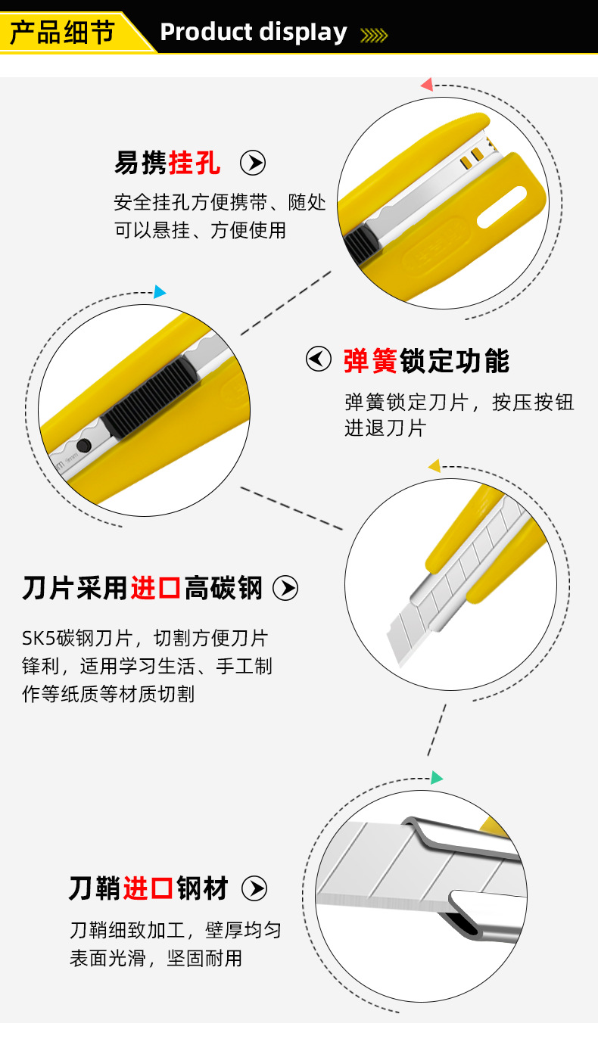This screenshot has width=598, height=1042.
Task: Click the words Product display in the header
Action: [254, 33]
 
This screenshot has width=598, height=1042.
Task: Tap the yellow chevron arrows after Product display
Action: [373, 35]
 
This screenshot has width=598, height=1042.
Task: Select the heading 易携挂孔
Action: [167, 163]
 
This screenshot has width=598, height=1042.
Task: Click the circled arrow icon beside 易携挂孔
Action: [253, 163]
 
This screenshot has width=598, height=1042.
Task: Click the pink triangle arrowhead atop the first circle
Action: [427, 84]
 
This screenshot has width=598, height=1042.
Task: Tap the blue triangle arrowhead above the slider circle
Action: [159, 292]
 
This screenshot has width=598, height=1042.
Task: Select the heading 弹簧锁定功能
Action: [426, 361]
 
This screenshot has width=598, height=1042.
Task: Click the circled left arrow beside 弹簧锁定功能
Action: [319, 359]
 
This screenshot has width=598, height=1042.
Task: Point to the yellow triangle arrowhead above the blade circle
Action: [434, 466]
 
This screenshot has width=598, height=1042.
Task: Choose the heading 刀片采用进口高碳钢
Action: [142, 588]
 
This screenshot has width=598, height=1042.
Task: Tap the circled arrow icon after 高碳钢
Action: [285, 588]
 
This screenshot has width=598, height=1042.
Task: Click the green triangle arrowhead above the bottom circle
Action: [437, 777]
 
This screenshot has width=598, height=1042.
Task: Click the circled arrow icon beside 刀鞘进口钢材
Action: [254, 888]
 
